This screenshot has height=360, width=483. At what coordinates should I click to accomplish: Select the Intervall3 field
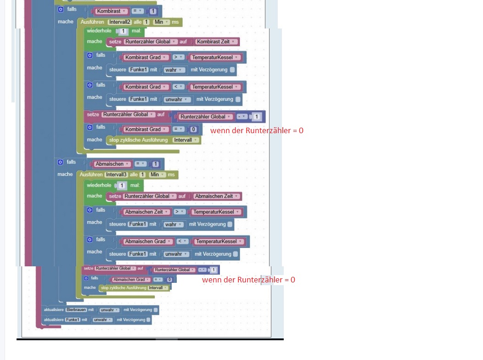click(x=117, y=174)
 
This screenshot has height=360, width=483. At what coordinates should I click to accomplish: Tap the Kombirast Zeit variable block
click(x=215, y=42)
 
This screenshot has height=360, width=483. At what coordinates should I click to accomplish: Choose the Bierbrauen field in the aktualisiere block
click(x=76, y=310)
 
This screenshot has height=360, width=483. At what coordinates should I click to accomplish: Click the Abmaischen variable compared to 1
click(x=112, y=164)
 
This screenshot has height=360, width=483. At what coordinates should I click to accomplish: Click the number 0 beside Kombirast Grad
click(x=194, y=129)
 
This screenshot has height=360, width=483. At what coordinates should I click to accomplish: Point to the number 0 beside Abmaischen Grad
click(x=169, y=280)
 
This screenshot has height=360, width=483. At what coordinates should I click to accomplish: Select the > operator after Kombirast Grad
click(x=179, y=57)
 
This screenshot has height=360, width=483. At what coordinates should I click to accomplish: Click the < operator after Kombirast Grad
click(x=179, y=87)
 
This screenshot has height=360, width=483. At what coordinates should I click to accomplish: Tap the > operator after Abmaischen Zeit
click(x=180, y=212)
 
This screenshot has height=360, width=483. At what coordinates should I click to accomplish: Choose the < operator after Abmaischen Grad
click(x=182, y=242)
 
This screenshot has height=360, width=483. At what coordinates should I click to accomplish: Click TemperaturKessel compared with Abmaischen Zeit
click(x=216, y=212)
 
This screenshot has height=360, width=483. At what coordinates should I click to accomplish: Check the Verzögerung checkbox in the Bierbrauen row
click(x=156, y=310)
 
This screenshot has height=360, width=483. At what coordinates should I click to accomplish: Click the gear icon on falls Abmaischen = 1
click(x=60, y=162)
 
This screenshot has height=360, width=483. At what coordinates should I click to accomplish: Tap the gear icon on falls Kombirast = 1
click(x=61, y=9)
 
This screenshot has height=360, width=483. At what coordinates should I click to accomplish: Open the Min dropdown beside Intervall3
click(x=157, y=174)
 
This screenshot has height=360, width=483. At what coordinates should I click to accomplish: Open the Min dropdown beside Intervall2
click(x=161, y=22)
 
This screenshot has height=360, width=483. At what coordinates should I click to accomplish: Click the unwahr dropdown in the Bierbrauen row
click(x=109, y=310)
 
